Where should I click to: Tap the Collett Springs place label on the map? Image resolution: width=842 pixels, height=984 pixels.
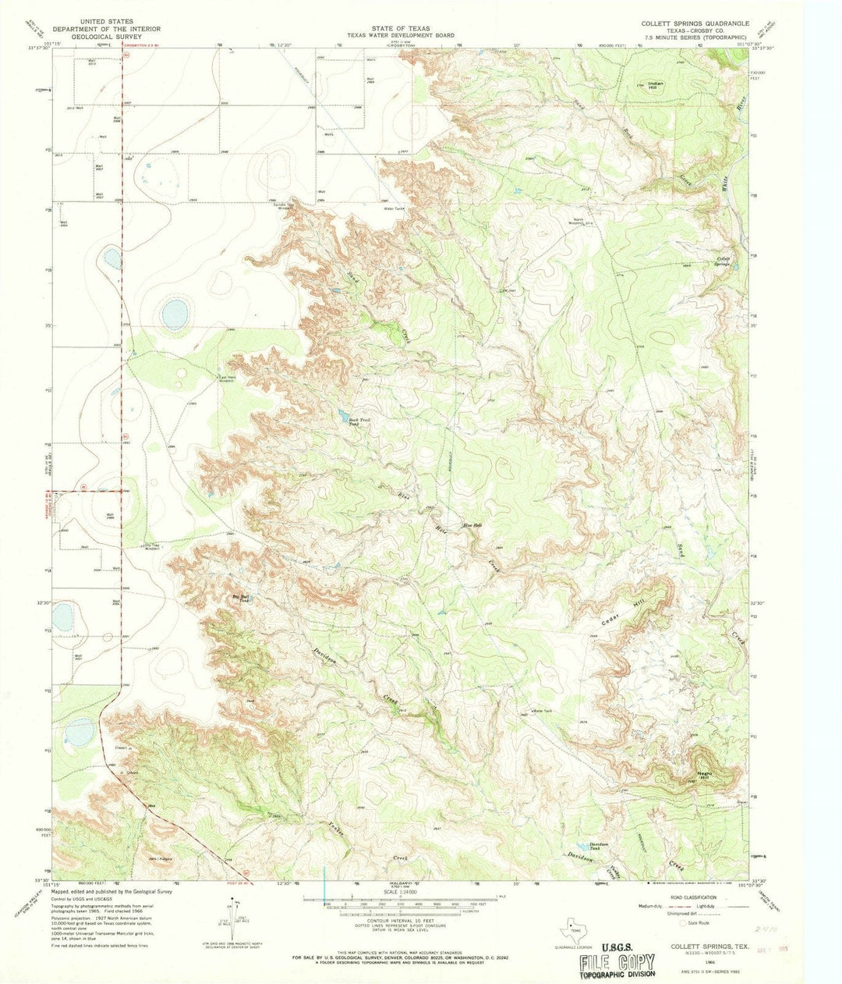(723, 261)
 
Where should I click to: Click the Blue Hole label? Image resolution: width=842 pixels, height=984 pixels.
(473, 524)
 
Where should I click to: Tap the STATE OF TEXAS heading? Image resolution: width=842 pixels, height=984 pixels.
(401, 27)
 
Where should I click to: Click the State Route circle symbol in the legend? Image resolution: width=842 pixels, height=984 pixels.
(684, 922)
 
